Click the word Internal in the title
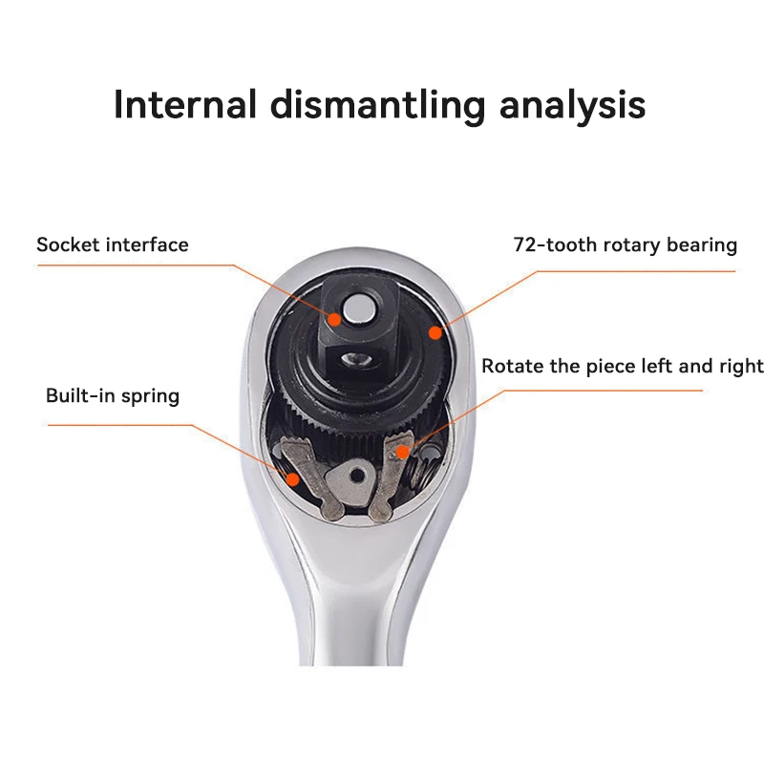(185, 104)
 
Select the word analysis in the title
(572, 104)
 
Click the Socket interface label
(113, 244)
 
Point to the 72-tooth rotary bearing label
(625, 245)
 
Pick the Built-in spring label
(113, 395)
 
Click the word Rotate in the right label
(512, 366)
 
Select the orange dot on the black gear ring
(435, 332)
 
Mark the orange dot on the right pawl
(405, 449)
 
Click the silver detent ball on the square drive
(360, 306)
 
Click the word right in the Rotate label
(741, 366)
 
